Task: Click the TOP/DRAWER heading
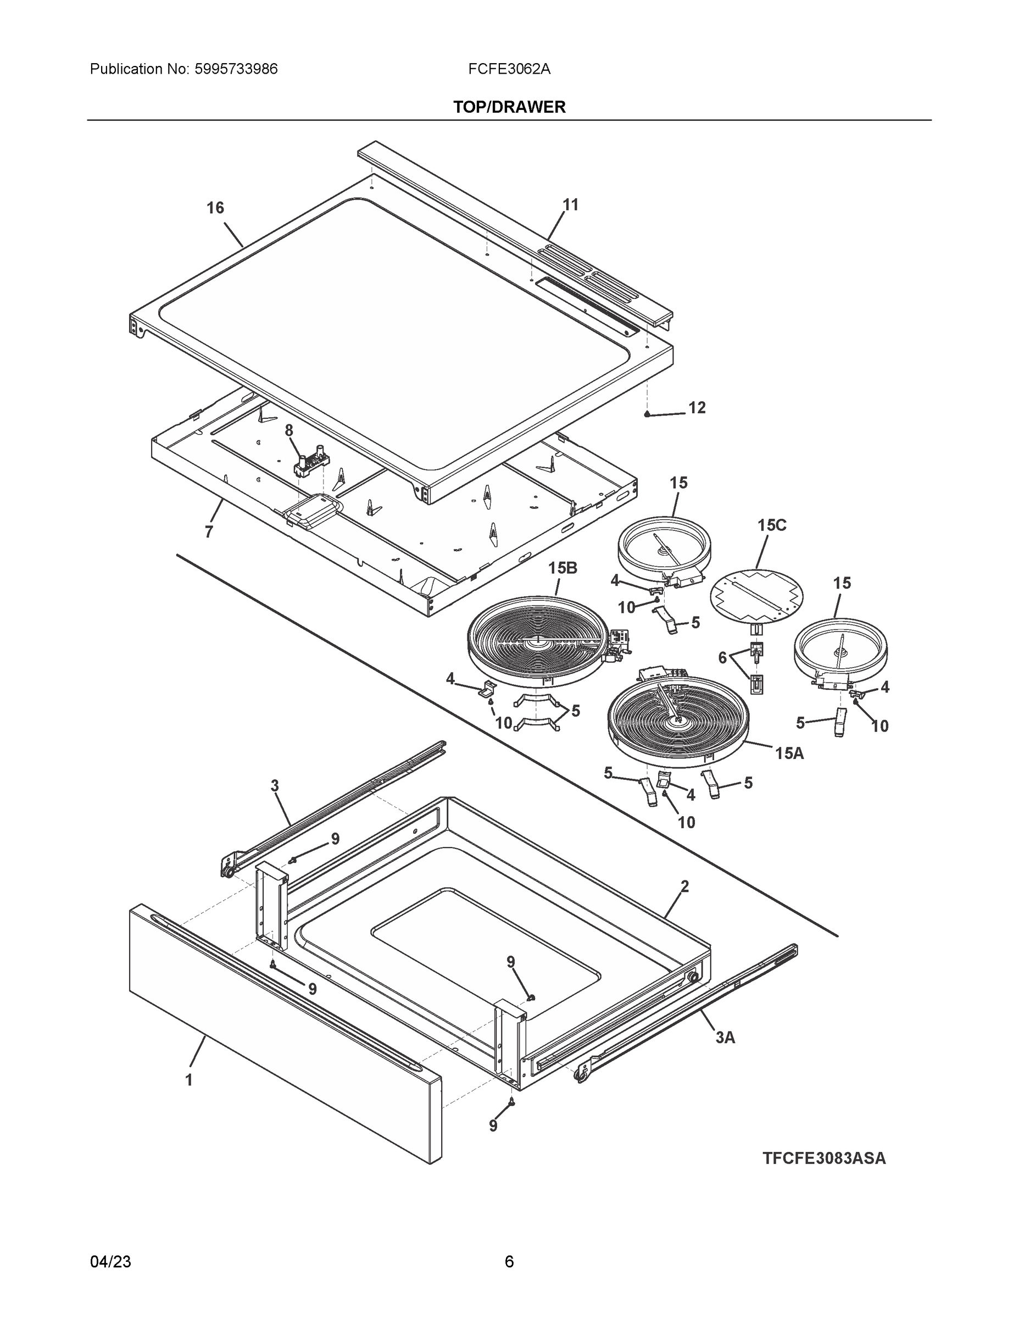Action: (x=509, y=107)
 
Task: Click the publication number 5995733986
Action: (x=236, y=69)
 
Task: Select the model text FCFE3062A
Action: (x=509, y=69)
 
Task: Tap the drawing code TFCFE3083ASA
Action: (x=823, y=1159)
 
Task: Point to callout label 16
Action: (x=215, y=208)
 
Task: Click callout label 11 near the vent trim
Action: (x=570, y=205)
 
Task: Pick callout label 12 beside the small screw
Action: (x=697, y=408)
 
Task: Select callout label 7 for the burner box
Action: (x=209, y=532)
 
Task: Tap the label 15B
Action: (x=563, y=568)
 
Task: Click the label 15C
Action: (x=772, y=525)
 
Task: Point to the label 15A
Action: (x=789, y=753)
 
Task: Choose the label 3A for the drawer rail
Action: (x=725, y=1038)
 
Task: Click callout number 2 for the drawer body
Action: (x=684, y=886)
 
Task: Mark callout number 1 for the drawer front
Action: (x=189, y=1080)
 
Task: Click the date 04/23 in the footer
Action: (x=110, y=1262)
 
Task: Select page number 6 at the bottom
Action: (x=509, y=1262)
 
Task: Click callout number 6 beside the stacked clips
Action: (x=722, y=658)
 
